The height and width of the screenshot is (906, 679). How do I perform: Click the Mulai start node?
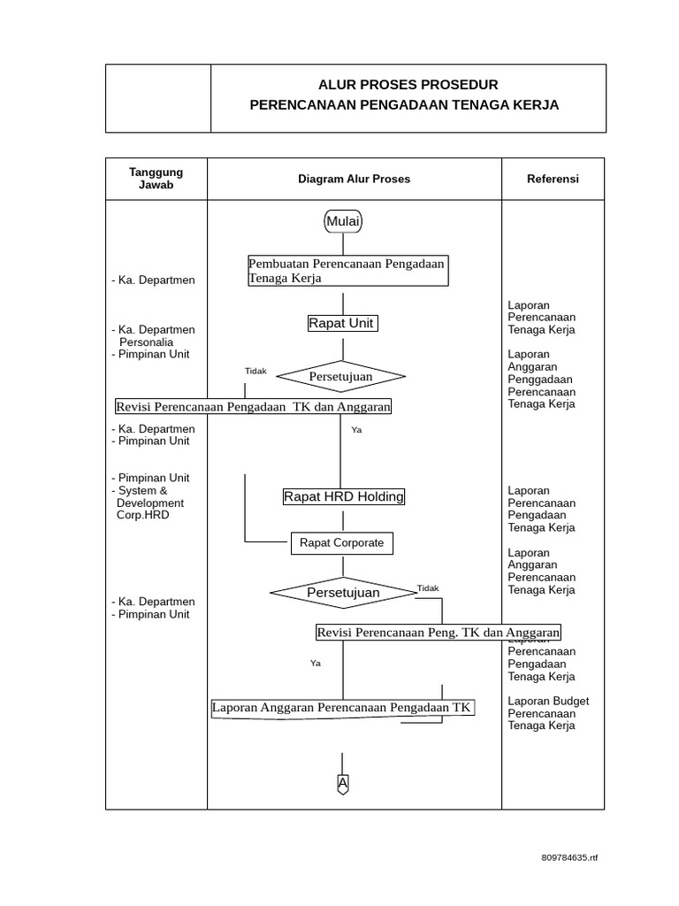pyautogui.click(x=343, y=221)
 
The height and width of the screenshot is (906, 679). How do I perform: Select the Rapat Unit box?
pyautogui.click(x=341, y=323)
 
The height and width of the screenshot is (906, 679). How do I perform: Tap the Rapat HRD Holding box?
pyautogui.click(x=343, y=496)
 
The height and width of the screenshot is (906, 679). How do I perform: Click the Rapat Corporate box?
pyautogui.click(x=341, y=543)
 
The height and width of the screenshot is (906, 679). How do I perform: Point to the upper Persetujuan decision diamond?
pyautogui.click(x=340, y=377)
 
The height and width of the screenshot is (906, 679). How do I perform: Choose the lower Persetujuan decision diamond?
pyautogui.click(x=343, y=593)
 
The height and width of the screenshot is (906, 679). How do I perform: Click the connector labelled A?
pyautogui.click(x=343, y=783)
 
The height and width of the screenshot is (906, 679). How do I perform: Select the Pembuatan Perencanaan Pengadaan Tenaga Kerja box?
pyautogui.click(x=347, y=271)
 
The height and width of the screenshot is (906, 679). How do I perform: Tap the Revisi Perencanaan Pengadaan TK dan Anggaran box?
pyautogui.click(x=253, y=406)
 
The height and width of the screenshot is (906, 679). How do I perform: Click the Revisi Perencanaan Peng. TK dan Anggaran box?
pyautogui.click(x=439, y=633)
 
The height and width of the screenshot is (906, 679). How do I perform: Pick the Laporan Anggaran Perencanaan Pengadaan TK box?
pyautogui.click(x=342, y=707)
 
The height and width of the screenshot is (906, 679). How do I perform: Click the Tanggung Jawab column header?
pyautogui.click(x=156, y=179)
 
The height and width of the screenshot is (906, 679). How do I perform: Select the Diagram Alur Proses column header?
pyautogui.click(x=354, y=179)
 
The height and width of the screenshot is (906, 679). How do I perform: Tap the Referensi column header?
pyautogui.click(x=553, y=179)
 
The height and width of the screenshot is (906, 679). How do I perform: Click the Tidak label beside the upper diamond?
pyautogui.click(x=256, y=371)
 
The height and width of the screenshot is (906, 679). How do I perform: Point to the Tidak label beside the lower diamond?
pyautogui.click(x=428, y=587)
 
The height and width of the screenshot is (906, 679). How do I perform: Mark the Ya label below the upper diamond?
pyautogui.click(x=356, y=430)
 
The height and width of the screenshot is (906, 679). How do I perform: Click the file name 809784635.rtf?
pyautogui.click(x=569, y=857)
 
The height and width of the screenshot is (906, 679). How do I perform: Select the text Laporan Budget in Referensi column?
pyautogui.click(x=548, y=701)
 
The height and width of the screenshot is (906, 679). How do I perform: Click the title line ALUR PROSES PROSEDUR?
pyautogui.click(x=408, y=85)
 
